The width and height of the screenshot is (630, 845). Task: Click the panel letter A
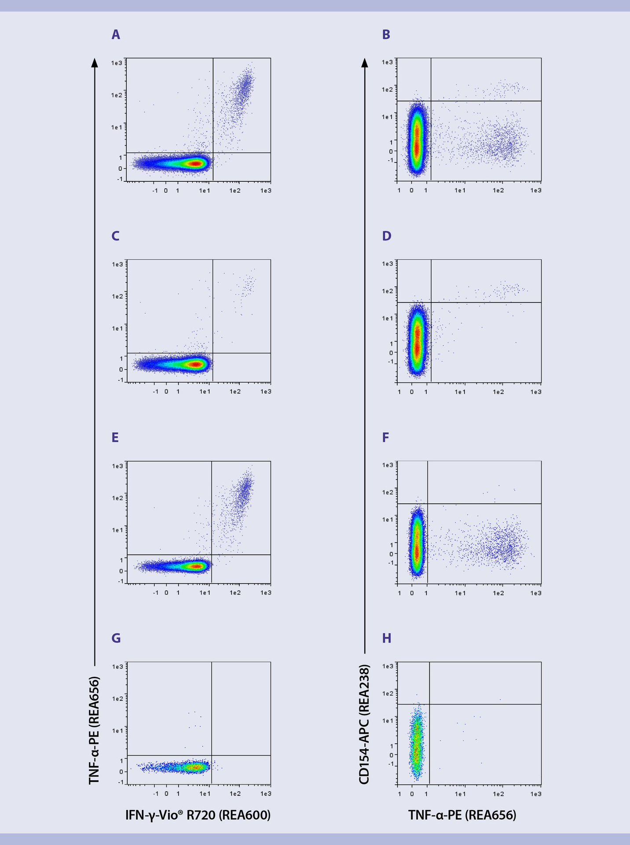[x=116, y=35]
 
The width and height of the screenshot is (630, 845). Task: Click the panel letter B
[x=386, y=35]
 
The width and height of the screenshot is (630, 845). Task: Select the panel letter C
[x=116, y=236]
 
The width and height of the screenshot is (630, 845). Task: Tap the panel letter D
[x=386, y=236]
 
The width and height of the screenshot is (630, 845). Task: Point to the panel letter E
[x=115, y=437]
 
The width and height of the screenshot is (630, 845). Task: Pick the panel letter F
[x=386, y=437]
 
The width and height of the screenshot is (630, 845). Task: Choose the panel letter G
[x=116, y=639]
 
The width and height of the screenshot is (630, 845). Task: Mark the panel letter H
[x=387, y=639]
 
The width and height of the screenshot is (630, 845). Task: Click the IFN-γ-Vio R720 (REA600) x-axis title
[x=198, y=816]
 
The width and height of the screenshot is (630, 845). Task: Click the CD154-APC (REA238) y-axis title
[x=364, y=724]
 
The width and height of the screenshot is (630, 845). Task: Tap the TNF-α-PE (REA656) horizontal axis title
[x=462, y=816]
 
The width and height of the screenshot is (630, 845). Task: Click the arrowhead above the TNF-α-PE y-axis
[x=95, y=63]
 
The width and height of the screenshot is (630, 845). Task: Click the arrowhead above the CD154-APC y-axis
[x=365, y=63]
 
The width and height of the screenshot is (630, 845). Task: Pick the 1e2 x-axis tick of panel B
[x=498, y=191]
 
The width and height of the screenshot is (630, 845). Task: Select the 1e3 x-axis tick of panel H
[x=535, y=794]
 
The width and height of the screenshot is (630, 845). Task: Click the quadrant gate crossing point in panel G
[x=212, y=756]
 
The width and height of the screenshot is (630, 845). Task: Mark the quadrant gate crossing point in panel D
[x=431, y=302]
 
